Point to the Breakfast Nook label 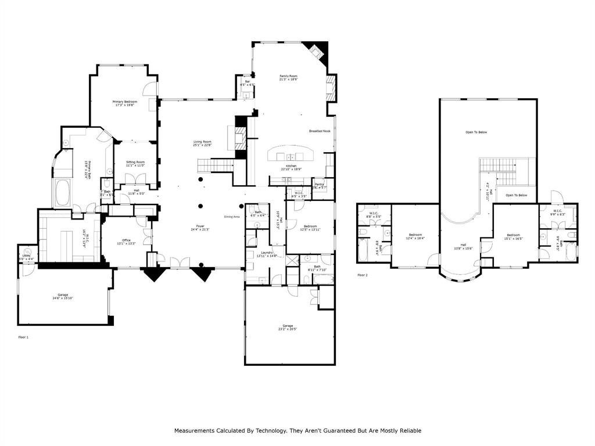320,131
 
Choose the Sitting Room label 135,163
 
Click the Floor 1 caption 23,337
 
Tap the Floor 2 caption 363,275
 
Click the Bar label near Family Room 247,82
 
